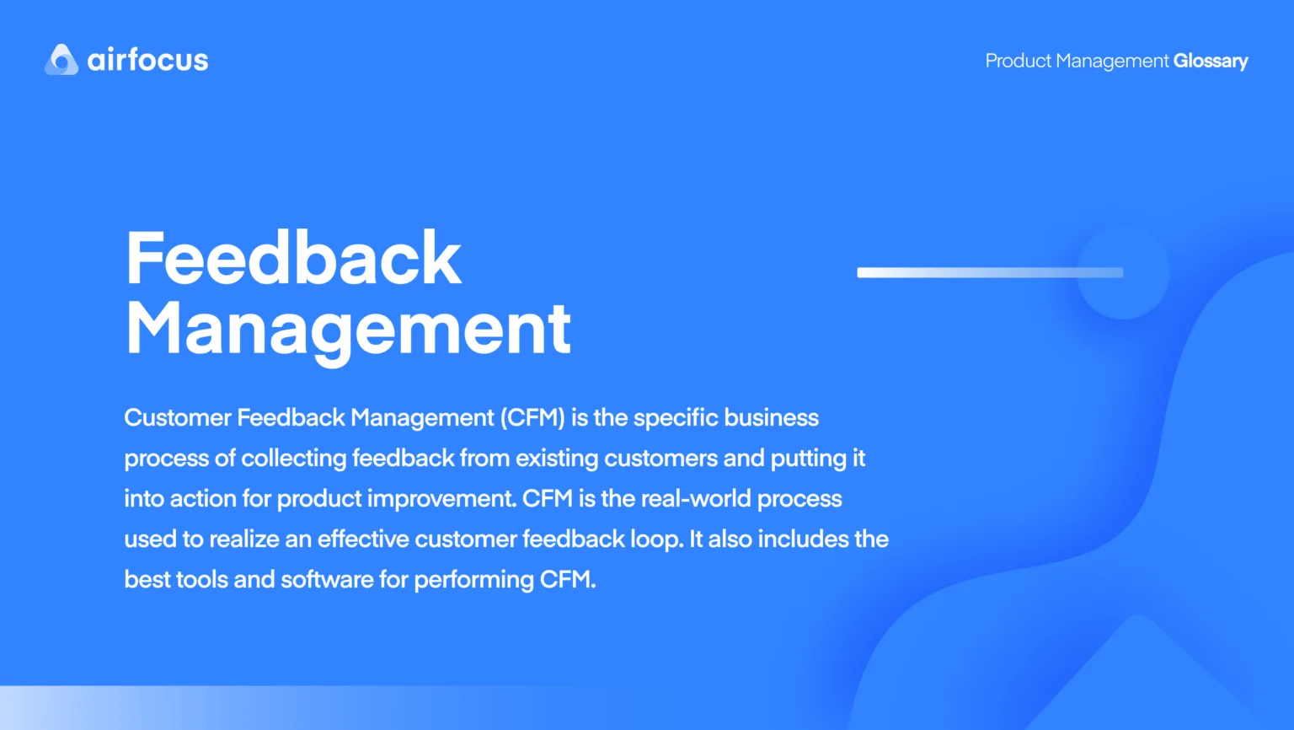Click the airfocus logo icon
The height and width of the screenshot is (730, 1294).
point(61,60)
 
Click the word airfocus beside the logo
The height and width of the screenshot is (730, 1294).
point(147,60)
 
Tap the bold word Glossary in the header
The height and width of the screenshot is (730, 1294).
point(1211,61)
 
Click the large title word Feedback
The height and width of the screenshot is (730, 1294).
point(293,258)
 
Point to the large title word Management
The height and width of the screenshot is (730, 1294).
point(348,330)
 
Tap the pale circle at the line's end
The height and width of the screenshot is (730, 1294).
point(1123,272)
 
